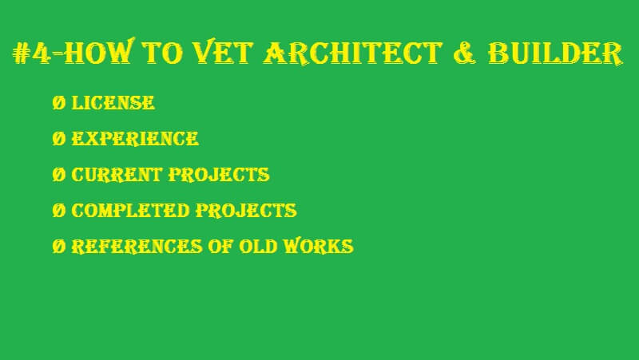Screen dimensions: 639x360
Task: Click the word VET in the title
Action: (221, 52)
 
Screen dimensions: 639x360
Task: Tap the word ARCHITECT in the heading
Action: (353, 53)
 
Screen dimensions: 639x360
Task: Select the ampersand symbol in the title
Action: (465, 53)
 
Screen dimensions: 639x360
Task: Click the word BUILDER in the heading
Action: (555, 53)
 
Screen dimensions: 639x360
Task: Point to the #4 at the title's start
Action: (31, 53)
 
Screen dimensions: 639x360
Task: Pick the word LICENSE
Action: (113, 103)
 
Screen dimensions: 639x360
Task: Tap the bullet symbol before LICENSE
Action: (58, 103)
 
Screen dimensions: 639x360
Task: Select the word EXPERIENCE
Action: (135, 138)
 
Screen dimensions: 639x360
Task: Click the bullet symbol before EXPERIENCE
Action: (58, 138)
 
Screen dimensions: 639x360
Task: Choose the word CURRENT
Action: (117, 174)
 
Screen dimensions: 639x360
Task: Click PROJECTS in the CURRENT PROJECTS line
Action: (219, 174)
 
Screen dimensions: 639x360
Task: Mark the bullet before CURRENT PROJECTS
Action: (58, 174)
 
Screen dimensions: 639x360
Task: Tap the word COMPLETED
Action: (130, 210)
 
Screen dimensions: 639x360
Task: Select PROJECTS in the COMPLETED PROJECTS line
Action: (246, 210)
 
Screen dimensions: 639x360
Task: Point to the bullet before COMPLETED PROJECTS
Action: (58, 210)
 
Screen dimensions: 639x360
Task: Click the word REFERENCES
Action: (137, 247)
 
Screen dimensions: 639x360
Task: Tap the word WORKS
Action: (319, 246)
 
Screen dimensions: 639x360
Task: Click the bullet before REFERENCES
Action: (58, 246)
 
